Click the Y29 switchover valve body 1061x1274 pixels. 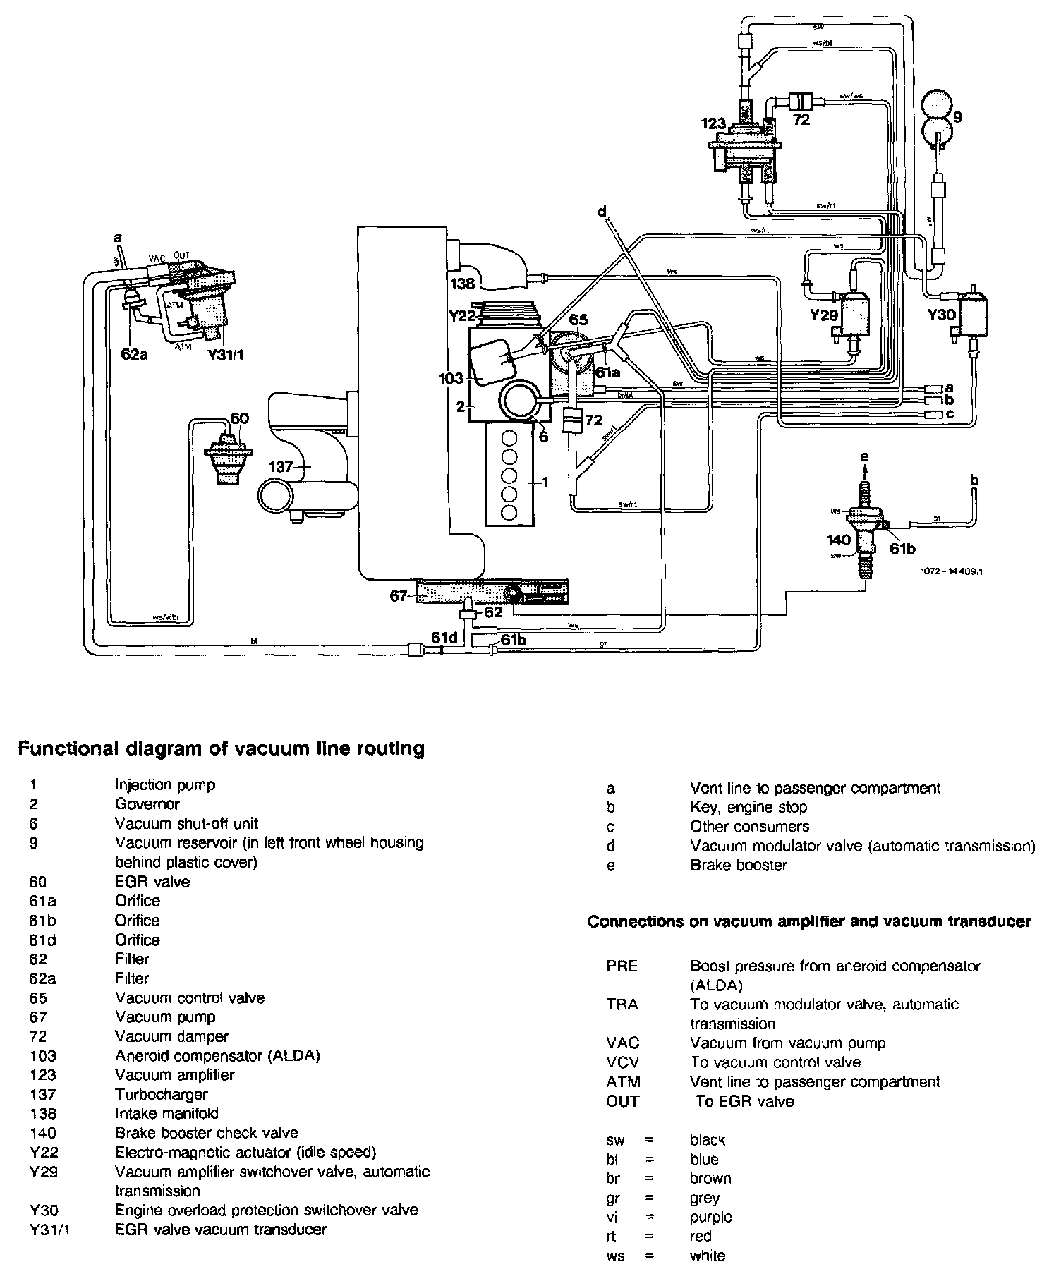point(855,310)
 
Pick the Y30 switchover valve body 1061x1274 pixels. point(971,311)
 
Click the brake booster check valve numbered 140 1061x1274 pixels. point(864,536)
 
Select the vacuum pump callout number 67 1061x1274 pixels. point(399,597)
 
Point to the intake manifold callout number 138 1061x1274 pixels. point(463,284)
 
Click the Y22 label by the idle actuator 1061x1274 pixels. point(462,316)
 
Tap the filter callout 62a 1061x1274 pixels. point(134,354)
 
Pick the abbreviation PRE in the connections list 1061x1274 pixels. point(622,966)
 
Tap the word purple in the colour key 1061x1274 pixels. point(711,1217)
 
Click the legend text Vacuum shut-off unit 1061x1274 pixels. point(186,823)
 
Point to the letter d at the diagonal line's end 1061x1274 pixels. point(602,212)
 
